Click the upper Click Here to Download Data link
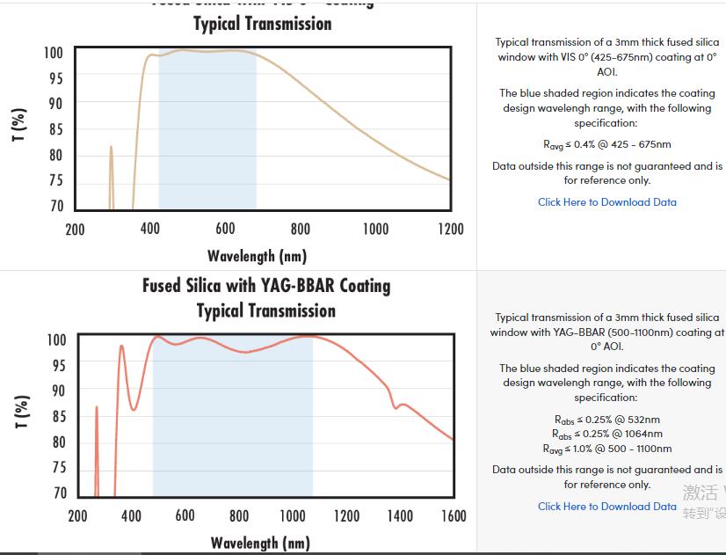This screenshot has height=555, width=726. pyautogui.click(x=607, y=202)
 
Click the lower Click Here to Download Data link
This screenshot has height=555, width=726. pyautogui.click(x=607, y=507)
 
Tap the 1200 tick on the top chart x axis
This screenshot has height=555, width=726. pyautogui.click(x=450, y=229)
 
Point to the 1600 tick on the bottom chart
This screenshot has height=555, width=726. pyautogui.click(x=454, y=515)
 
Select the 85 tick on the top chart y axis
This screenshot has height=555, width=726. pyautogui.click(x=55, y=130)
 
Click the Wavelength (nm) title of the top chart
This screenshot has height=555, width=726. pyautogui.click(x=257, y=256)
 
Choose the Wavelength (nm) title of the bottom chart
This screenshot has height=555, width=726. pyautogui.click(x=259, y=543)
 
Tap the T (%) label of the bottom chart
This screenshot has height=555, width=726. pyautogui.click(x=22, y=411)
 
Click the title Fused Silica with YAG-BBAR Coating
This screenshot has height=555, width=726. pyautogui.click(x=266, y=286)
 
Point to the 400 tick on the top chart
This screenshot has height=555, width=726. pyautogui.click(x=150, y=229)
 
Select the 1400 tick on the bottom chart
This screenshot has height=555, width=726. pyautogui.click(x=400, y=515)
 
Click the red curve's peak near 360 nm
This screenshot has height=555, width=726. pyautogui.click(x=121, y=347)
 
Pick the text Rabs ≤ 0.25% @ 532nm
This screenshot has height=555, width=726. pyautogui.click(x=607, y=420)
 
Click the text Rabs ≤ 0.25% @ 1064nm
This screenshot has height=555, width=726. pyautogui.click(x=607, y=434)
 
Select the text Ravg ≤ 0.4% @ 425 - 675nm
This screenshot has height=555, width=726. pyautogui.click(x=607, y=144)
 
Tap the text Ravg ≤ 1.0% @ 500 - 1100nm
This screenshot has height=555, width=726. pyautogui.click(x=607, y=449)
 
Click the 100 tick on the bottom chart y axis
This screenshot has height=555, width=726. pyautogui.click(x=55, y=340)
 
